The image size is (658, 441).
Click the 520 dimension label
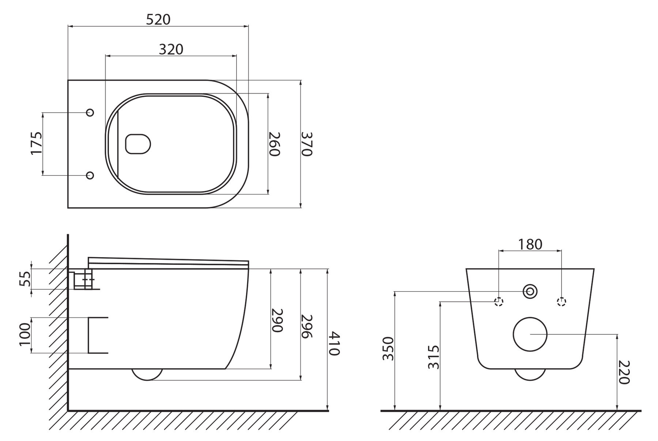[158, 19]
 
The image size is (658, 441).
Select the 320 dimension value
[171, 49]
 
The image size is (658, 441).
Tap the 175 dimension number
[37, 144]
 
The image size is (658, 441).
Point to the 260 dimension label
[275, 144]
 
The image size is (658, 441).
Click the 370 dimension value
[306, 144]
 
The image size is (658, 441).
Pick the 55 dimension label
[24, 279]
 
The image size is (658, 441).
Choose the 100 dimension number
[24, 334]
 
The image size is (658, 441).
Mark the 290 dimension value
[277, 320]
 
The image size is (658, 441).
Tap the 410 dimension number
[334, 343]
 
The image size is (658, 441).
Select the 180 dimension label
[530, 244]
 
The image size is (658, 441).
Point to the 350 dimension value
[388, 349]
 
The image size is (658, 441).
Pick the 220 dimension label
[624, 372]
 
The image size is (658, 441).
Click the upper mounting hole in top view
[90, 113]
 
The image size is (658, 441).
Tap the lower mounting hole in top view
[90, 175]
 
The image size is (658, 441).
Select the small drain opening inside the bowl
[138, 144]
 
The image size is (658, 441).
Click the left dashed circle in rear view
[499, 302]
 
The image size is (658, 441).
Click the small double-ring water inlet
[530, 291]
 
